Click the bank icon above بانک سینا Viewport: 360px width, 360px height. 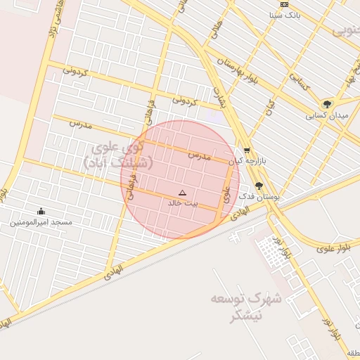284,4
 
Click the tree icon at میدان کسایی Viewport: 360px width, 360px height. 326,104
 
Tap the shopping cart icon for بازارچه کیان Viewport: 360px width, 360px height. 247,150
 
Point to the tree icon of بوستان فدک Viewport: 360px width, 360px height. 259,186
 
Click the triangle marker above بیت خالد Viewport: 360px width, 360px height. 183,192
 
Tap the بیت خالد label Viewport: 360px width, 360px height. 183,202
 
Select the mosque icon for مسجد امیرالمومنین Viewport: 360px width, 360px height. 41,211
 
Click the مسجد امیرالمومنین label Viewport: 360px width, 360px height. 41,222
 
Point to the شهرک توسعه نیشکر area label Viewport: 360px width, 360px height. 246,307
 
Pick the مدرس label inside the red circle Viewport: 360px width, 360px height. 200,155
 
